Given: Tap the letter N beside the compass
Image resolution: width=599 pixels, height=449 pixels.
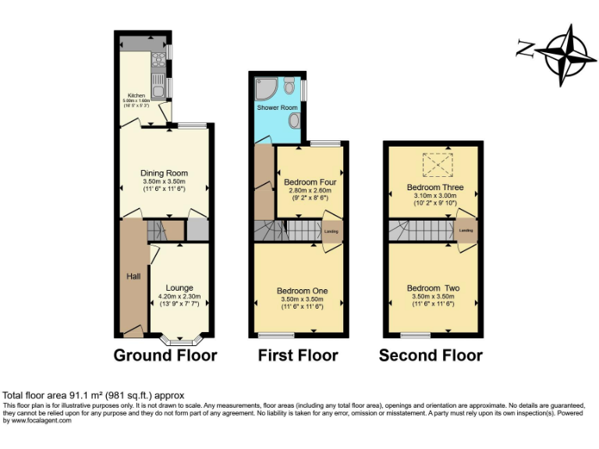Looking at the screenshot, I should tap(524, 49).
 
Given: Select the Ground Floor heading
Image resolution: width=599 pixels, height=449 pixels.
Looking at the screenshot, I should tap(165, 355).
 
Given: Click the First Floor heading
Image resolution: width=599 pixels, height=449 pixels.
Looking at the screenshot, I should tap(298, 355).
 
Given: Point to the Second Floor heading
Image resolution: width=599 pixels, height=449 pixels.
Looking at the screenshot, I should tap(431, 355).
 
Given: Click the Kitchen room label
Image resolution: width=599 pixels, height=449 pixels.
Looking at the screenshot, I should tap(136, 96).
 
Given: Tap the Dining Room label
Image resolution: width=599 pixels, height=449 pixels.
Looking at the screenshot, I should tap(164, 173).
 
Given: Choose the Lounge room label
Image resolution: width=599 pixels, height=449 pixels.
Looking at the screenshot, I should tap(179, 288).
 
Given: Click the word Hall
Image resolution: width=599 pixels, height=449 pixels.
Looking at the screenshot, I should tap(133, 276).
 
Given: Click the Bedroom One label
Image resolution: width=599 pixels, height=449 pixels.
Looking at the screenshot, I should tap(302, 291).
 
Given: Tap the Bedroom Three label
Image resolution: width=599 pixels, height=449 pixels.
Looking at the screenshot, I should tap(434, 188).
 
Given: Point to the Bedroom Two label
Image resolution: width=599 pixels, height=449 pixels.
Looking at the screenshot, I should tap(433, 288).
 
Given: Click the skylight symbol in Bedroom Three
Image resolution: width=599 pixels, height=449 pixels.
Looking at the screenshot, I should tap(435, 164).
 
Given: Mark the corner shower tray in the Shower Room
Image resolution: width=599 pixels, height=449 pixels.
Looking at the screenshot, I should tap(265, 85).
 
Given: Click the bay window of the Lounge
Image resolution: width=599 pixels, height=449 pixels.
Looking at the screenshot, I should tap(180, 340).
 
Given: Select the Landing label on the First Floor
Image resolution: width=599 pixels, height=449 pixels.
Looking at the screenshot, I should tap(331, 232).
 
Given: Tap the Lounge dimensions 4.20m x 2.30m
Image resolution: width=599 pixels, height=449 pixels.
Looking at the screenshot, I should tap(179, 296).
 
